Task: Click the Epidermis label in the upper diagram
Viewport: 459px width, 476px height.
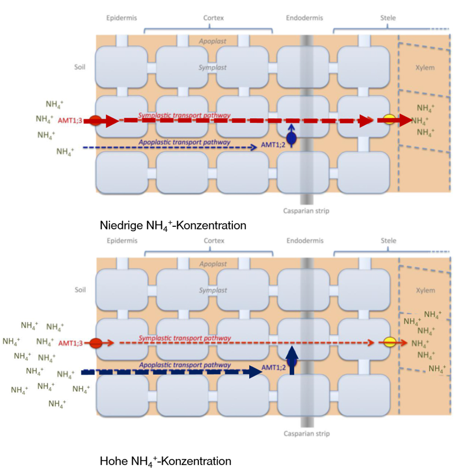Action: [122, 18]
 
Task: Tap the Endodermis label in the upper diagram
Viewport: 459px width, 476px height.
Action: [304, 18]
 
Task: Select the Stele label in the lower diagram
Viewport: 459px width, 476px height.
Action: [388, 241]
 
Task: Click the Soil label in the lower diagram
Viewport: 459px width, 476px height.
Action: [81, 290]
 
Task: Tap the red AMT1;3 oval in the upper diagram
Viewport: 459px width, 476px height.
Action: [95, 121]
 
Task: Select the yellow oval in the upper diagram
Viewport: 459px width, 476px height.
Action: [389, 120]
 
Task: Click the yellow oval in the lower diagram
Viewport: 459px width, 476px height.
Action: [389, 342]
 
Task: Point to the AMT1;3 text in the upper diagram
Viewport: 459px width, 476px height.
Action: [69, 121]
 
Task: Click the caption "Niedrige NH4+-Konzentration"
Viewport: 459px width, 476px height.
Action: [173, 226]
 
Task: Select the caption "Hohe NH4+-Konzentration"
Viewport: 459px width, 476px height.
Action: [165, 461]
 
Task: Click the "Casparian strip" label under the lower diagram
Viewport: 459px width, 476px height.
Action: [306, 433]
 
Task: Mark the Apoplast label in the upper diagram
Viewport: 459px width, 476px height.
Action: [212, 41]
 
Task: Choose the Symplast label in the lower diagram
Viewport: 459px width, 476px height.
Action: [213, 290]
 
